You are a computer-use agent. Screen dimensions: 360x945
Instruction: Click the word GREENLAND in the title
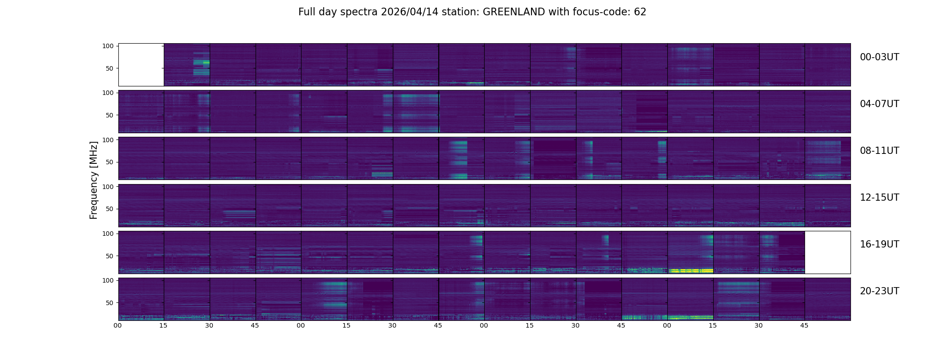513,12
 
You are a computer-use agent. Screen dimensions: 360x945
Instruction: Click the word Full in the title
307,12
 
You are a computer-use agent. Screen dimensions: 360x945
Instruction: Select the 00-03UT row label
879,57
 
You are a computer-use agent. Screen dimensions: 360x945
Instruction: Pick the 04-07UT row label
879,104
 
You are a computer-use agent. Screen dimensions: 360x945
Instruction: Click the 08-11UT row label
879,151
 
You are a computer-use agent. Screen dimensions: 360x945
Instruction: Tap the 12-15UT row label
879,198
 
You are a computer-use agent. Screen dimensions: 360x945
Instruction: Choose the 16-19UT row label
879,244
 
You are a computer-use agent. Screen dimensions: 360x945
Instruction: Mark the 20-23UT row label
879,291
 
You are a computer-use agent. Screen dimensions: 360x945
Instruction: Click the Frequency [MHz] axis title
94,180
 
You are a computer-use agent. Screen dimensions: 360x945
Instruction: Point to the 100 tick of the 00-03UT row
108,46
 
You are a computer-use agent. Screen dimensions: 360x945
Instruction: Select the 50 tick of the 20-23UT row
110,303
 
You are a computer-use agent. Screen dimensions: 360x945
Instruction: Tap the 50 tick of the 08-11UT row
110,162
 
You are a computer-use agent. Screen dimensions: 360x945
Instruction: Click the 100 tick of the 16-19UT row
108,234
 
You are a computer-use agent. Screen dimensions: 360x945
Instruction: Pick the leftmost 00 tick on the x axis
118,325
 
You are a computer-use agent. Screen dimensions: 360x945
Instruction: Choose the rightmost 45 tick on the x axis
804,325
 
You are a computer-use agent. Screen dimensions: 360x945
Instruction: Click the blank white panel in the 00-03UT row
141,64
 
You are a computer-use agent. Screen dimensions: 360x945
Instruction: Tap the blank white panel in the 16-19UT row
827,252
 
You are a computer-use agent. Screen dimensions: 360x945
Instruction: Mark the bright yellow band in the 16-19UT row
690,271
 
